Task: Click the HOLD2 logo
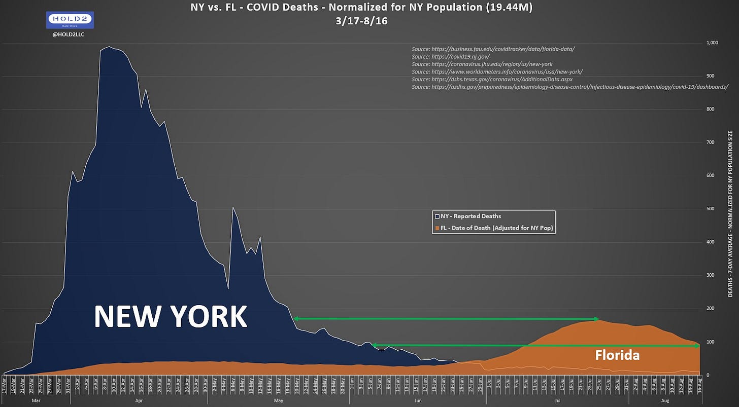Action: coord(70,20)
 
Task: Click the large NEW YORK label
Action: coord(170,317)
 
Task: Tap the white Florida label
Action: coord(617,355)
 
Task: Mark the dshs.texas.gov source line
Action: coord(492,80)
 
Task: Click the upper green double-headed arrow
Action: coord(447,319)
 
